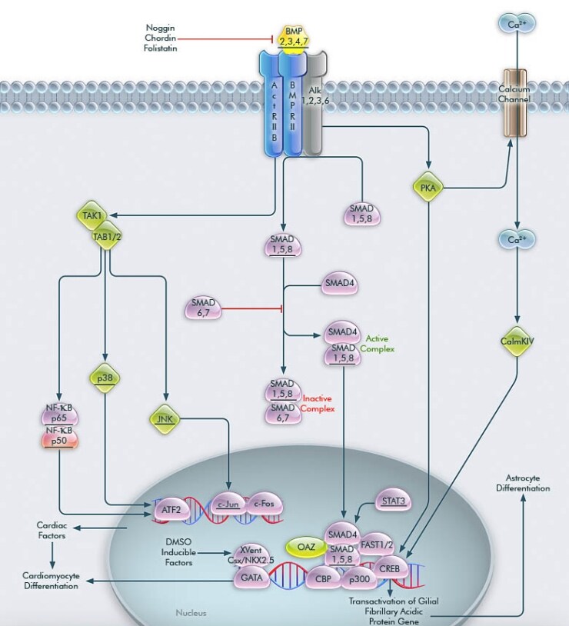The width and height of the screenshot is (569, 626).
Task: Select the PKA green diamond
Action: pos(428,187)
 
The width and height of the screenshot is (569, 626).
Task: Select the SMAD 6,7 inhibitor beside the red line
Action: pos(204,308)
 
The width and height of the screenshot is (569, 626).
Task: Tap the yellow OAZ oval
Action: pos(301,547)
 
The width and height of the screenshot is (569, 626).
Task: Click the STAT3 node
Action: pos(392,501)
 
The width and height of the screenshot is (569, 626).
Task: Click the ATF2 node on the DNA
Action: pos(170,508)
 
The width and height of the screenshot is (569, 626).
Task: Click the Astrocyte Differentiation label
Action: pos(522,482)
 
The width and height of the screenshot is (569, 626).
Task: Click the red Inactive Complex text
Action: pos(318,404)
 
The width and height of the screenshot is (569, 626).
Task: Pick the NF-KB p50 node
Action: pos(58,436)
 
